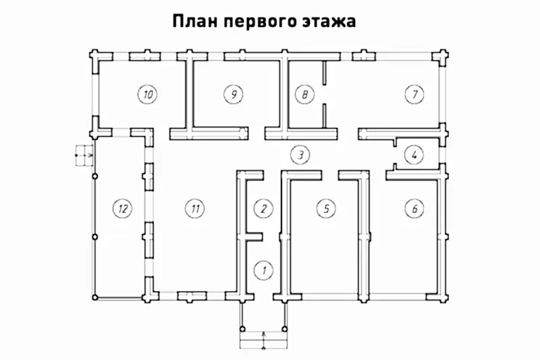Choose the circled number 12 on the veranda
[x=122, y=208]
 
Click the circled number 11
[x=194, y=208]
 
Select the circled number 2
[x=263, y=208]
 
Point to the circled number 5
[x=326, y=208]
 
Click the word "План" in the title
[x=196, y=22]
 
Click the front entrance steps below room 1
[x=263, y=336]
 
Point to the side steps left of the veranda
[x=84, y=155]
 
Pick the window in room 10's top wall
[x=143, y=55]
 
